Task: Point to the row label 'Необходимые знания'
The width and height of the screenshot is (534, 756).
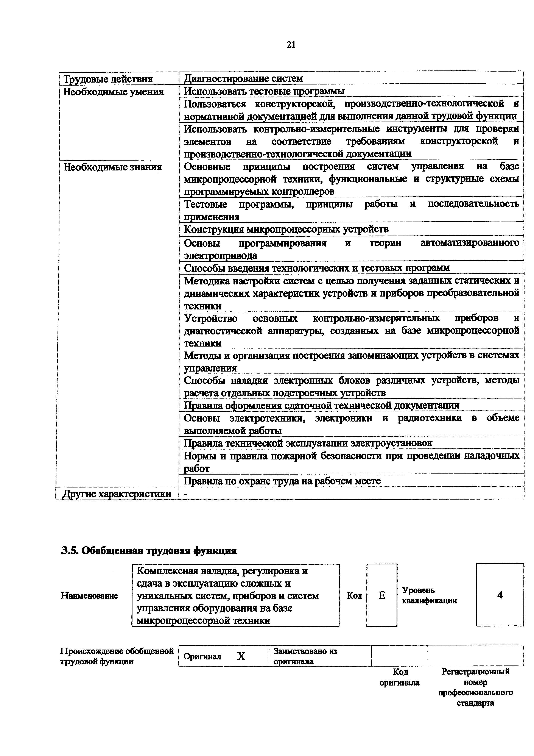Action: (x=112, y=167)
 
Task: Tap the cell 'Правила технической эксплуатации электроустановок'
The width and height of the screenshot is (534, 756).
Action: (x=308, y=443)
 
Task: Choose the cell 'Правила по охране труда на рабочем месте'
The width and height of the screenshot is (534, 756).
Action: (x=282, y=481)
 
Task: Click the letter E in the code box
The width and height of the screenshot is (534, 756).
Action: (x=382, y=595)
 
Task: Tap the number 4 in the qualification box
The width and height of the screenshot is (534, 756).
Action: (x=500, y=595)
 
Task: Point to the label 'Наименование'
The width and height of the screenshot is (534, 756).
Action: (x=89, y=596)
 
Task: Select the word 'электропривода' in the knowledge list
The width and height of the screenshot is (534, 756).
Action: (x=220, y=256)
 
